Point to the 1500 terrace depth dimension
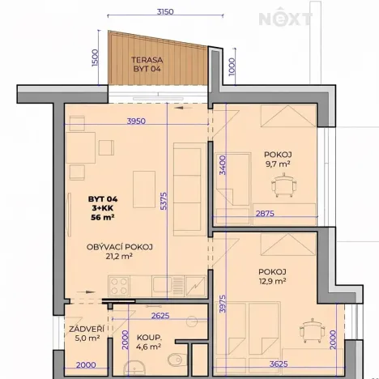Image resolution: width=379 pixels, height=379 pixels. [95, 58]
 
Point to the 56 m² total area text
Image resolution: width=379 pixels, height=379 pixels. [104, 217]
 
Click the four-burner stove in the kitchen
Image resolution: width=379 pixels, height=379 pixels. [119, 285]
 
